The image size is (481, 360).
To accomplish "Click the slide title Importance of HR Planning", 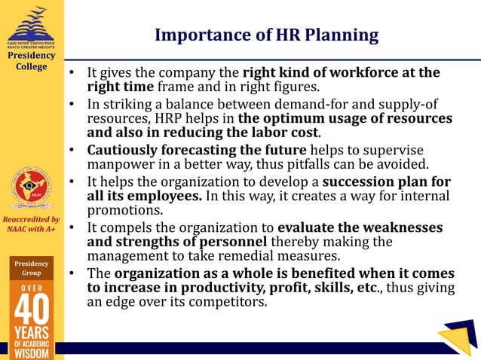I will point(266,35).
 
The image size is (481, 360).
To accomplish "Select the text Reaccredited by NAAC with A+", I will point(31,224).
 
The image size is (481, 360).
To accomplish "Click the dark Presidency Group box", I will point(32,269).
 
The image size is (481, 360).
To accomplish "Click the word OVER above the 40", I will point(32,288).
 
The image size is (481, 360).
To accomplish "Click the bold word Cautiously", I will point(124,150).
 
